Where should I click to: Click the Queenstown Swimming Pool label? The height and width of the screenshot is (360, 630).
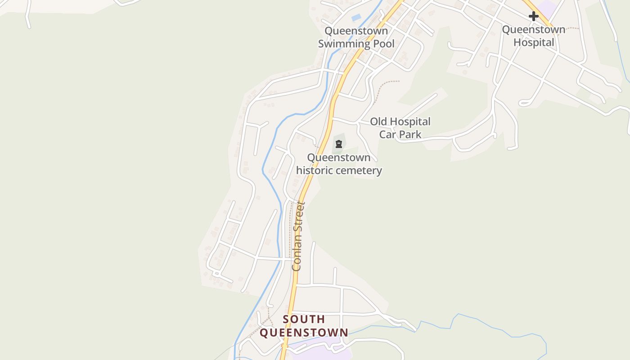coord(356,37)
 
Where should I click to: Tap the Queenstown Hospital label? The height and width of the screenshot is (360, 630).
coord(534,36)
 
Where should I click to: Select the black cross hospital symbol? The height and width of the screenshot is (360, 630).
coord(534,16)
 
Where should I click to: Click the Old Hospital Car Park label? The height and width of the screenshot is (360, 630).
coord(400,128)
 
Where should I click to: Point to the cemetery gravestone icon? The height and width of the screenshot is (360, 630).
coord(338,144)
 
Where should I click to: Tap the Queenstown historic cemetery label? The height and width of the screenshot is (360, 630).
coord(339,164)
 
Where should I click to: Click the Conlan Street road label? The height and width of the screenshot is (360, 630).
coord(298,236)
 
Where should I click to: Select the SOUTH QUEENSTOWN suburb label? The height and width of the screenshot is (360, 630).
coord(304,326)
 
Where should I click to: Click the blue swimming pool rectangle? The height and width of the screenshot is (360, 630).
coord(356,18)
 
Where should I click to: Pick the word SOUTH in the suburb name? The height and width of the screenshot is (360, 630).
coord(304,319)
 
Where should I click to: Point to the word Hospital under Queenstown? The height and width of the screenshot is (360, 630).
coord(534,42)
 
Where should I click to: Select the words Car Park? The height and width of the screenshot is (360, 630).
coord(400,134)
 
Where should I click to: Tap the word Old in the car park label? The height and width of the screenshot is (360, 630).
coord(378,121)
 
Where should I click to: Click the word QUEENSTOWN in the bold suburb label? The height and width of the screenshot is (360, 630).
coord(304,333)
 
